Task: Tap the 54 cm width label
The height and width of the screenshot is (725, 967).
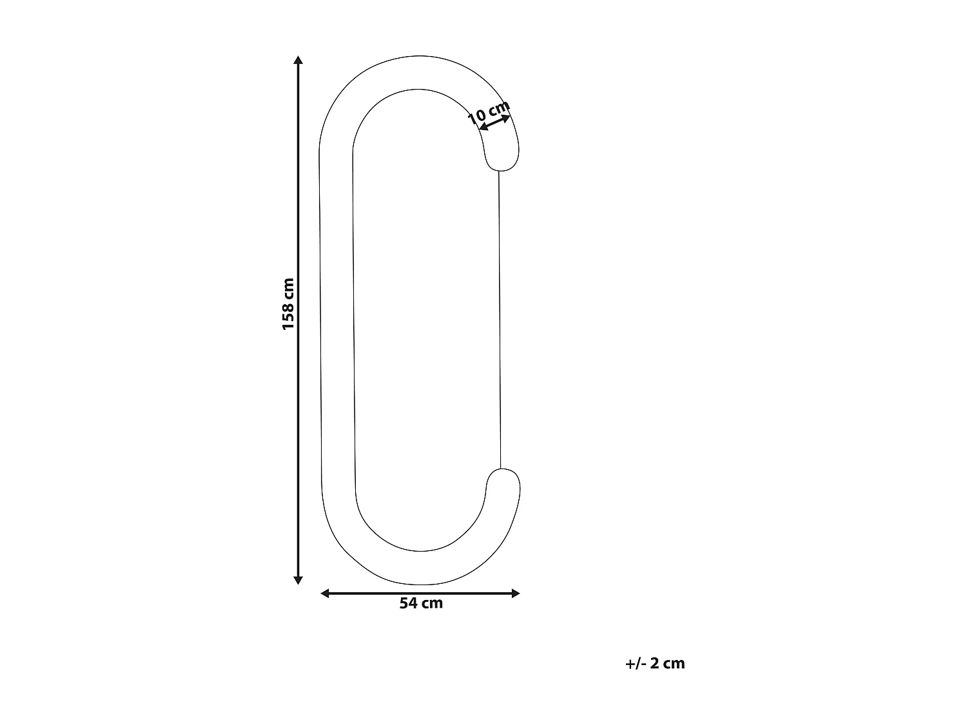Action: [x=421, y=604]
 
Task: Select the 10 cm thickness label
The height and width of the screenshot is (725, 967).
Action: [x=488, y=113]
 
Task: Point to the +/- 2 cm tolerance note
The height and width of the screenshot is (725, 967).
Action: [x=655, y=663]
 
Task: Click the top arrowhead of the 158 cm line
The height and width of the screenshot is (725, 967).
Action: [x=298, y=61]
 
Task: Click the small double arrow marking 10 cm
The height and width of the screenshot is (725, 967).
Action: [x=495, y=122]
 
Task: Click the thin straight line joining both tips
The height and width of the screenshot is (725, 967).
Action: [x=500, y=319]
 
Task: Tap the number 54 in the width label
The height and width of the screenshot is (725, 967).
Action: [x=409, y=604]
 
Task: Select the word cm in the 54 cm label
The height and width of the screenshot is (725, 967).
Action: [x=432, y=604]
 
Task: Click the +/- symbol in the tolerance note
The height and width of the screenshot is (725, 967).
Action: [x=634, y=663]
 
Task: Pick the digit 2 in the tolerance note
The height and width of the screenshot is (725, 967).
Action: [x=654, y=663]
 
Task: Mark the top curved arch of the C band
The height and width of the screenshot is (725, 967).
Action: [x=419, y=72]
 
